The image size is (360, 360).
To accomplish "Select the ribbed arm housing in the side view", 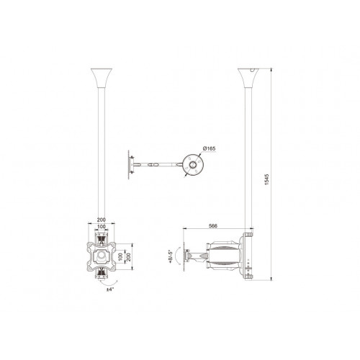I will click(223, 256).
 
